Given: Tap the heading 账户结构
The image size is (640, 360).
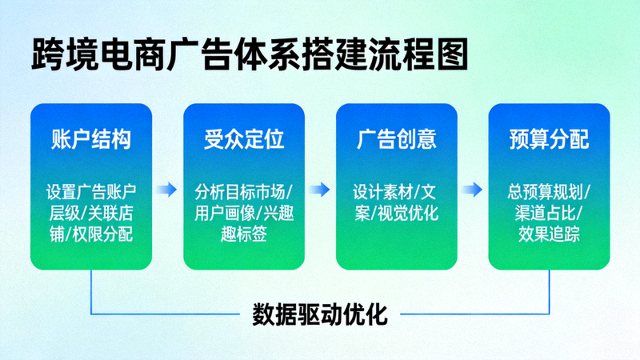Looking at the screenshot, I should pos(91,140).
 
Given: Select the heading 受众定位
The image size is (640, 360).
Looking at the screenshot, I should pos(244,140).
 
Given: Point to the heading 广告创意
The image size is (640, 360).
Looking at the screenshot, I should pos(397,140).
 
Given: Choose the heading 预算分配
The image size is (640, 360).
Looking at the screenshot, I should pos(549,140).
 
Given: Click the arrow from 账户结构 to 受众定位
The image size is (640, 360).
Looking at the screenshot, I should pos(167,190).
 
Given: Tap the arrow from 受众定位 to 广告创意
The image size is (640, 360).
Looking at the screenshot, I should pos(320,190).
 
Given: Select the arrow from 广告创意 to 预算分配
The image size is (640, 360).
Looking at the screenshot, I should pos(473,190).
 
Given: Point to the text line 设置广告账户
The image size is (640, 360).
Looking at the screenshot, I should pos(91,193).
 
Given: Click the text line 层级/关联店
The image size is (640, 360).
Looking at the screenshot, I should pos(91,213).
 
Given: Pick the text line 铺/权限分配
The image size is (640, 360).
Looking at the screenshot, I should pos(91,234).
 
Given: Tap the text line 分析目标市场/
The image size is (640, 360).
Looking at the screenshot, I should pos(244,193).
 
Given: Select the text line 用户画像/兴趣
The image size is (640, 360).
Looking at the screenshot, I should pos(244,213).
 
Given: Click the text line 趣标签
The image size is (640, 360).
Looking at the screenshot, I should pos(244,234).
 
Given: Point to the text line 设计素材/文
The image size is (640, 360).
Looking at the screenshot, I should pos(397,193).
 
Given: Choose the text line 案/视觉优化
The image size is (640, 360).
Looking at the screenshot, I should pos(397,213).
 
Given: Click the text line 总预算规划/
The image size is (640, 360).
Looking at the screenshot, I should pos(549,193).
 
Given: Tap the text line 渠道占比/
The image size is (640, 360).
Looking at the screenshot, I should pos(549,213).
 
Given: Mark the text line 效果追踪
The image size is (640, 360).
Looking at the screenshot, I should pos(549,234).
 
